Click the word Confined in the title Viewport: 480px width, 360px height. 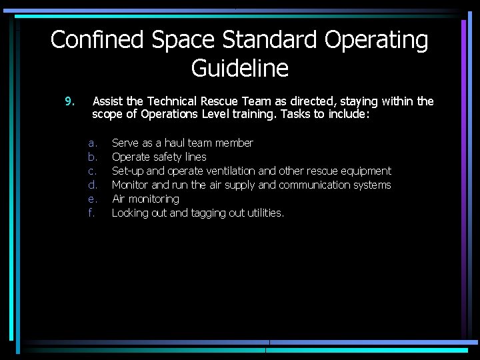[x=98, y=40]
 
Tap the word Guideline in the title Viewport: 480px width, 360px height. [x=239, y=68]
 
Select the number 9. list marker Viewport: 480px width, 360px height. [x=69, y=101]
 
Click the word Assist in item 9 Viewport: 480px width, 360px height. [x=107, y=101]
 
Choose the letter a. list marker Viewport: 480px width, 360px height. [x=93, y=143]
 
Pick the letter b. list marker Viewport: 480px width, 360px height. [x=93, y=157]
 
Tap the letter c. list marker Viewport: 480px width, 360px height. [x=93, y=171]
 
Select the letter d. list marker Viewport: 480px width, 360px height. [x=93, y=185]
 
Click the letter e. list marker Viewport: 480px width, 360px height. [x=93, y=199]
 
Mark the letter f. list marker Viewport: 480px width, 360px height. [x=91, y=213]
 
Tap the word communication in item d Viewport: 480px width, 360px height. [x=317, y=185]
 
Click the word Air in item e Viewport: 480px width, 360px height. [x=119, y=199]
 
